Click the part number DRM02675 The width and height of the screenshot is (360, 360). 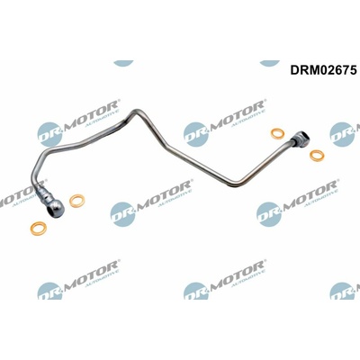323,70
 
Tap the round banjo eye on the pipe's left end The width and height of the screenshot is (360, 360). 56,208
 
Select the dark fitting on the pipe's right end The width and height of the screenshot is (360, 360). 301,139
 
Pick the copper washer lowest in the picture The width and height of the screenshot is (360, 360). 38,229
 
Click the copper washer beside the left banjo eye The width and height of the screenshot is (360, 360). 76,201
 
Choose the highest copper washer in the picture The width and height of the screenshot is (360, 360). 277,134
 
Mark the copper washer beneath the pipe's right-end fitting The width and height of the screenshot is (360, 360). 317,155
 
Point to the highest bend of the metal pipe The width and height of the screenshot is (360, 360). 136,112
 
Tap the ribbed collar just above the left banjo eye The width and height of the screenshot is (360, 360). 43,194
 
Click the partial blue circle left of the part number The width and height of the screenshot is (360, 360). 269,63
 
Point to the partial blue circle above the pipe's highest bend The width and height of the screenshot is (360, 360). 123,63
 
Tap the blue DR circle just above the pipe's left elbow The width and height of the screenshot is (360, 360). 49,134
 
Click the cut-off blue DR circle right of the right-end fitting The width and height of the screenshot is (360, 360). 342,134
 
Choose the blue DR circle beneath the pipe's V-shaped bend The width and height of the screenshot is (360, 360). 269,214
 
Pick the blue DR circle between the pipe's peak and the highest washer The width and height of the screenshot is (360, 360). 196,134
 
